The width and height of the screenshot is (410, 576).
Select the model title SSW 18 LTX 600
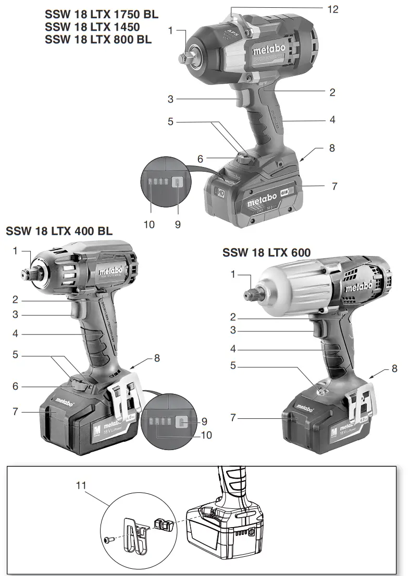266,253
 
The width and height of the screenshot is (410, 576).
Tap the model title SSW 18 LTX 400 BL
59,231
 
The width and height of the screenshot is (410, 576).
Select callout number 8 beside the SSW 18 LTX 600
394,368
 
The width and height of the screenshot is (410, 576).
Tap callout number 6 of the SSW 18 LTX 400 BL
16,386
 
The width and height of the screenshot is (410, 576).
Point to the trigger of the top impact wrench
244,99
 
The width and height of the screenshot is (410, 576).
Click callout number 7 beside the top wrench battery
334,186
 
